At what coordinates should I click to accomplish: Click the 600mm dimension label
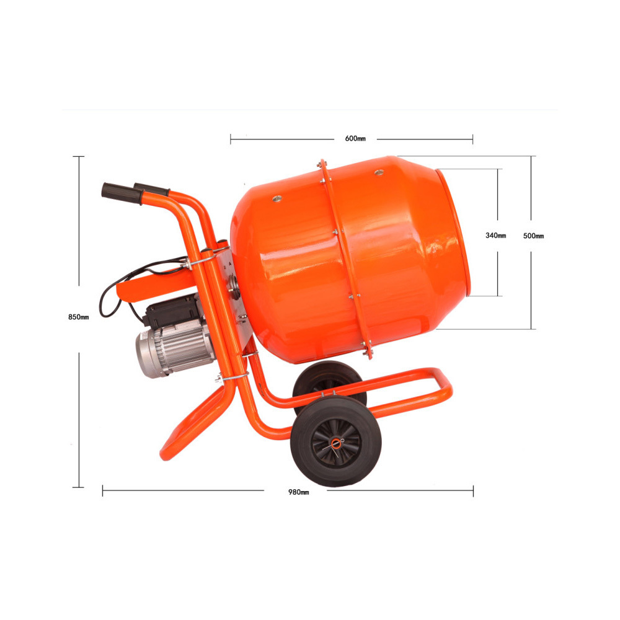tap(355, 138)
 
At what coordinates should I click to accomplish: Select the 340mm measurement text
tap(495, 236)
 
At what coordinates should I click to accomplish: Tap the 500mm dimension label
tap(533, 236)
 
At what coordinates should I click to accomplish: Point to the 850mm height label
tap(79, 317)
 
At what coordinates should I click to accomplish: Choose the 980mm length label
tap(298, 492)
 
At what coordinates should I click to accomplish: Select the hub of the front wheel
tap(335, 443)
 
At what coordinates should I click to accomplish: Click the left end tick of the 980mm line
tap(102, 491)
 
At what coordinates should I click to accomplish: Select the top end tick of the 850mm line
tap(79, 157)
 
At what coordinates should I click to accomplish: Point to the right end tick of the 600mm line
tap(472, 139)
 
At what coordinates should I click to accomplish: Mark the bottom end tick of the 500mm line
tap(531, 329)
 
